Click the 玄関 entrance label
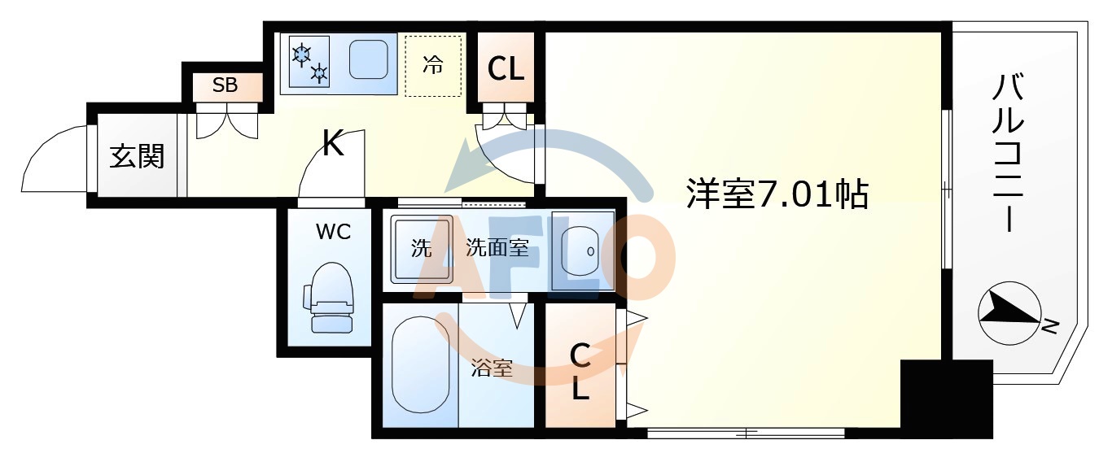pyautogui.click(x=137, y=155)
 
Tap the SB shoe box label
pyautogui.click(x=225, y=85)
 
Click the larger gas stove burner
pyautogui.click(x=302, y=54)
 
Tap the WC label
pyautogui.click(x=333, y=232)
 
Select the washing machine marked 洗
pyautogui.click(x=421, y=249)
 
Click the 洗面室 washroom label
pyautogui.click(x=497, y=248)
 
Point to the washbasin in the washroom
pyautogui.click(x=581, y=251)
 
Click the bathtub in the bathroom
pyautogui.click(x=420, y=364)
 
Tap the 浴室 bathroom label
pyautogui.click(x=493, y=368)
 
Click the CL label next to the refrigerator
pyautogui.click(x=506, y=69)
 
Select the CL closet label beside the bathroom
pyautogui.click(x=580, y=372)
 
